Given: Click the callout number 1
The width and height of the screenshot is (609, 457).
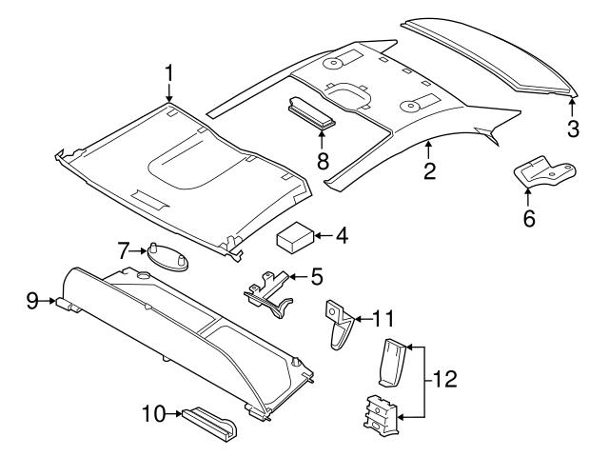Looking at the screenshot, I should tap(169, 72).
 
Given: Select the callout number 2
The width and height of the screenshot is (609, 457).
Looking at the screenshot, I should tap(429, 171).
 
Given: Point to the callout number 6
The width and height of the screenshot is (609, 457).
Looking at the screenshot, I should tap(529, 218).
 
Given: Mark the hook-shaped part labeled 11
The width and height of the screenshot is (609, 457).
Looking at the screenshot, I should tap(339, 325).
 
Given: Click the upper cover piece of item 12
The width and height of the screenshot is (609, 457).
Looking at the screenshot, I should tap(392, 362).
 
